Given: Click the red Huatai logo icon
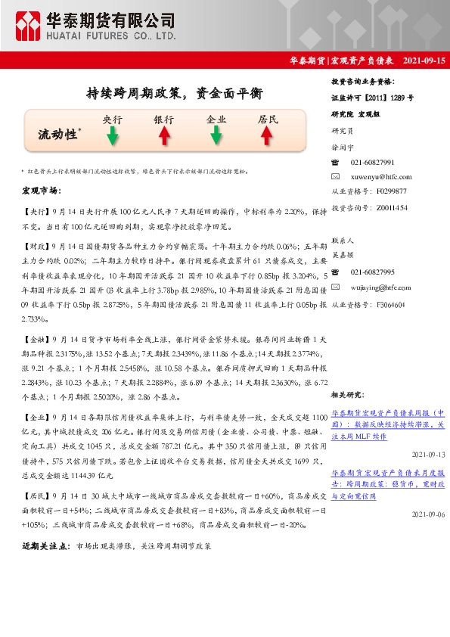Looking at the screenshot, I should pyautogui.click(x=28, y=26).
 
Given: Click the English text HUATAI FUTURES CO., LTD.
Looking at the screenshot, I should pyautogui.click(x=113, y=36).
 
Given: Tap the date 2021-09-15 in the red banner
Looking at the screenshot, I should pyautogui.click(x=424, y=60).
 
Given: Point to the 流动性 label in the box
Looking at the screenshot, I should pyautogui.click(x=58, y=134).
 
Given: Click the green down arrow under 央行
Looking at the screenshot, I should pyautogui.click(x=112, y=135).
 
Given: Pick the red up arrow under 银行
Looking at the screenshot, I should pyautogui.click(x=163, y=135).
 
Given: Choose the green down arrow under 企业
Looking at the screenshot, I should pyautogui.click(x=216, y=135).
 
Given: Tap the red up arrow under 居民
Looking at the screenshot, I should pyautogui.click(x=267, y=135).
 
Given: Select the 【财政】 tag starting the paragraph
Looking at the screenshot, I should pyautogui.click(x=36, y=247).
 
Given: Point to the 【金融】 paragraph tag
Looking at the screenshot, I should pyautogui.click(x=36, y=341).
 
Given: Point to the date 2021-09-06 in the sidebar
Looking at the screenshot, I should pyautogui.click(x=429, y=514).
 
